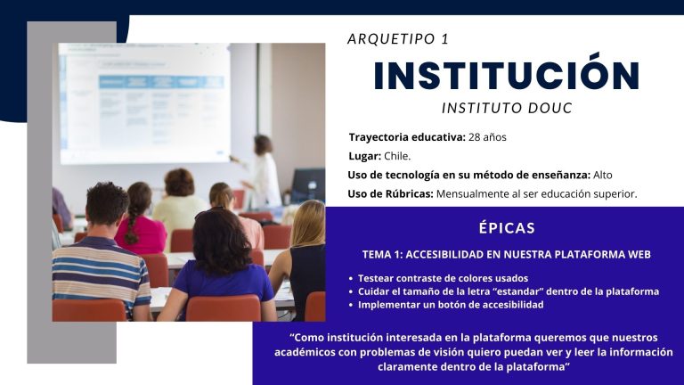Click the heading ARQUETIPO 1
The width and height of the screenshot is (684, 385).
point(398,39)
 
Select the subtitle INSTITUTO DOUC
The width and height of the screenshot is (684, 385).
point(507,108)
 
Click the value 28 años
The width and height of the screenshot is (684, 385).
point(487,137)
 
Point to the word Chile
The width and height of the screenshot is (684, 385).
point(397,156)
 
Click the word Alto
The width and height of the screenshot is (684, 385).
point(602,175)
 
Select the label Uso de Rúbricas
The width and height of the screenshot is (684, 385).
point(390,193)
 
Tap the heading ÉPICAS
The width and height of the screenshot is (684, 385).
point(507,227)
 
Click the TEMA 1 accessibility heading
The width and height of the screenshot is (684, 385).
point(507,255)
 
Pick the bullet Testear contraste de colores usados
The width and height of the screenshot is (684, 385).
point(443,278)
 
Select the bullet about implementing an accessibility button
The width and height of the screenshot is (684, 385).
point(451,305)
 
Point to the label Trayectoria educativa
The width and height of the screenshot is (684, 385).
point(407,137)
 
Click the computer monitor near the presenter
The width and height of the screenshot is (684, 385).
point(308,185)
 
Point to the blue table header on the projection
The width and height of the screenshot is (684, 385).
point(161,82)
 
